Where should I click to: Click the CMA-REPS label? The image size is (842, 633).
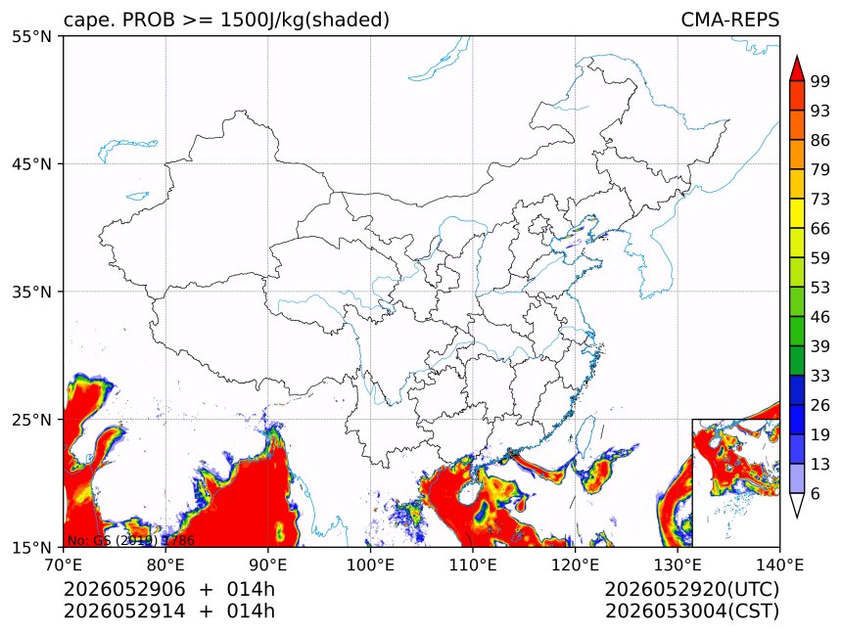[x=729, y=20]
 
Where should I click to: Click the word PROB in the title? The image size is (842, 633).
[x=149, y=20]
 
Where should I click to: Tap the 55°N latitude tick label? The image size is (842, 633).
[x=31, y=36]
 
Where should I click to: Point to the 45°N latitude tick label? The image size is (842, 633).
[x=31, y=163]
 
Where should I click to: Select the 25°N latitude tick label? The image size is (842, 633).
[x=31, y=419]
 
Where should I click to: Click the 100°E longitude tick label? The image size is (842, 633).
[x=370, y=565]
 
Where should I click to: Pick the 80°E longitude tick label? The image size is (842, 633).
[x=165, y=565]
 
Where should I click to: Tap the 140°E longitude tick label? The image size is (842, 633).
[x=779, y=565]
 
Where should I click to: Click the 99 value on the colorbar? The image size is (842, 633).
[x=820, y=81]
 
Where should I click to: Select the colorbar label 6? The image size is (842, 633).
[x=816, y=493]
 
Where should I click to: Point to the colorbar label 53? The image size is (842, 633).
[x=820, y=288]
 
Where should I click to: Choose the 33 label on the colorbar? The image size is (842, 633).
[x=820, y=376]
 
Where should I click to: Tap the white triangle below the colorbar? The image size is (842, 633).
[x=797, y=503]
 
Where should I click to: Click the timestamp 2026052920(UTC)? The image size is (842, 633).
[x=691, y=589]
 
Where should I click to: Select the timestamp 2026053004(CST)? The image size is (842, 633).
[x=691, y=611]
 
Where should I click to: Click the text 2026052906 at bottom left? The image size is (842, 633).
[x=124, y=589]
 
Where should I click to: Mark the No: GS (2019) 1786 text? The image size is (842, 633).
[x=131, y=540]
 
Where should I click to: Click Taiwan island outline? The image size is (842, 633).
[x=585, y=435]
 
